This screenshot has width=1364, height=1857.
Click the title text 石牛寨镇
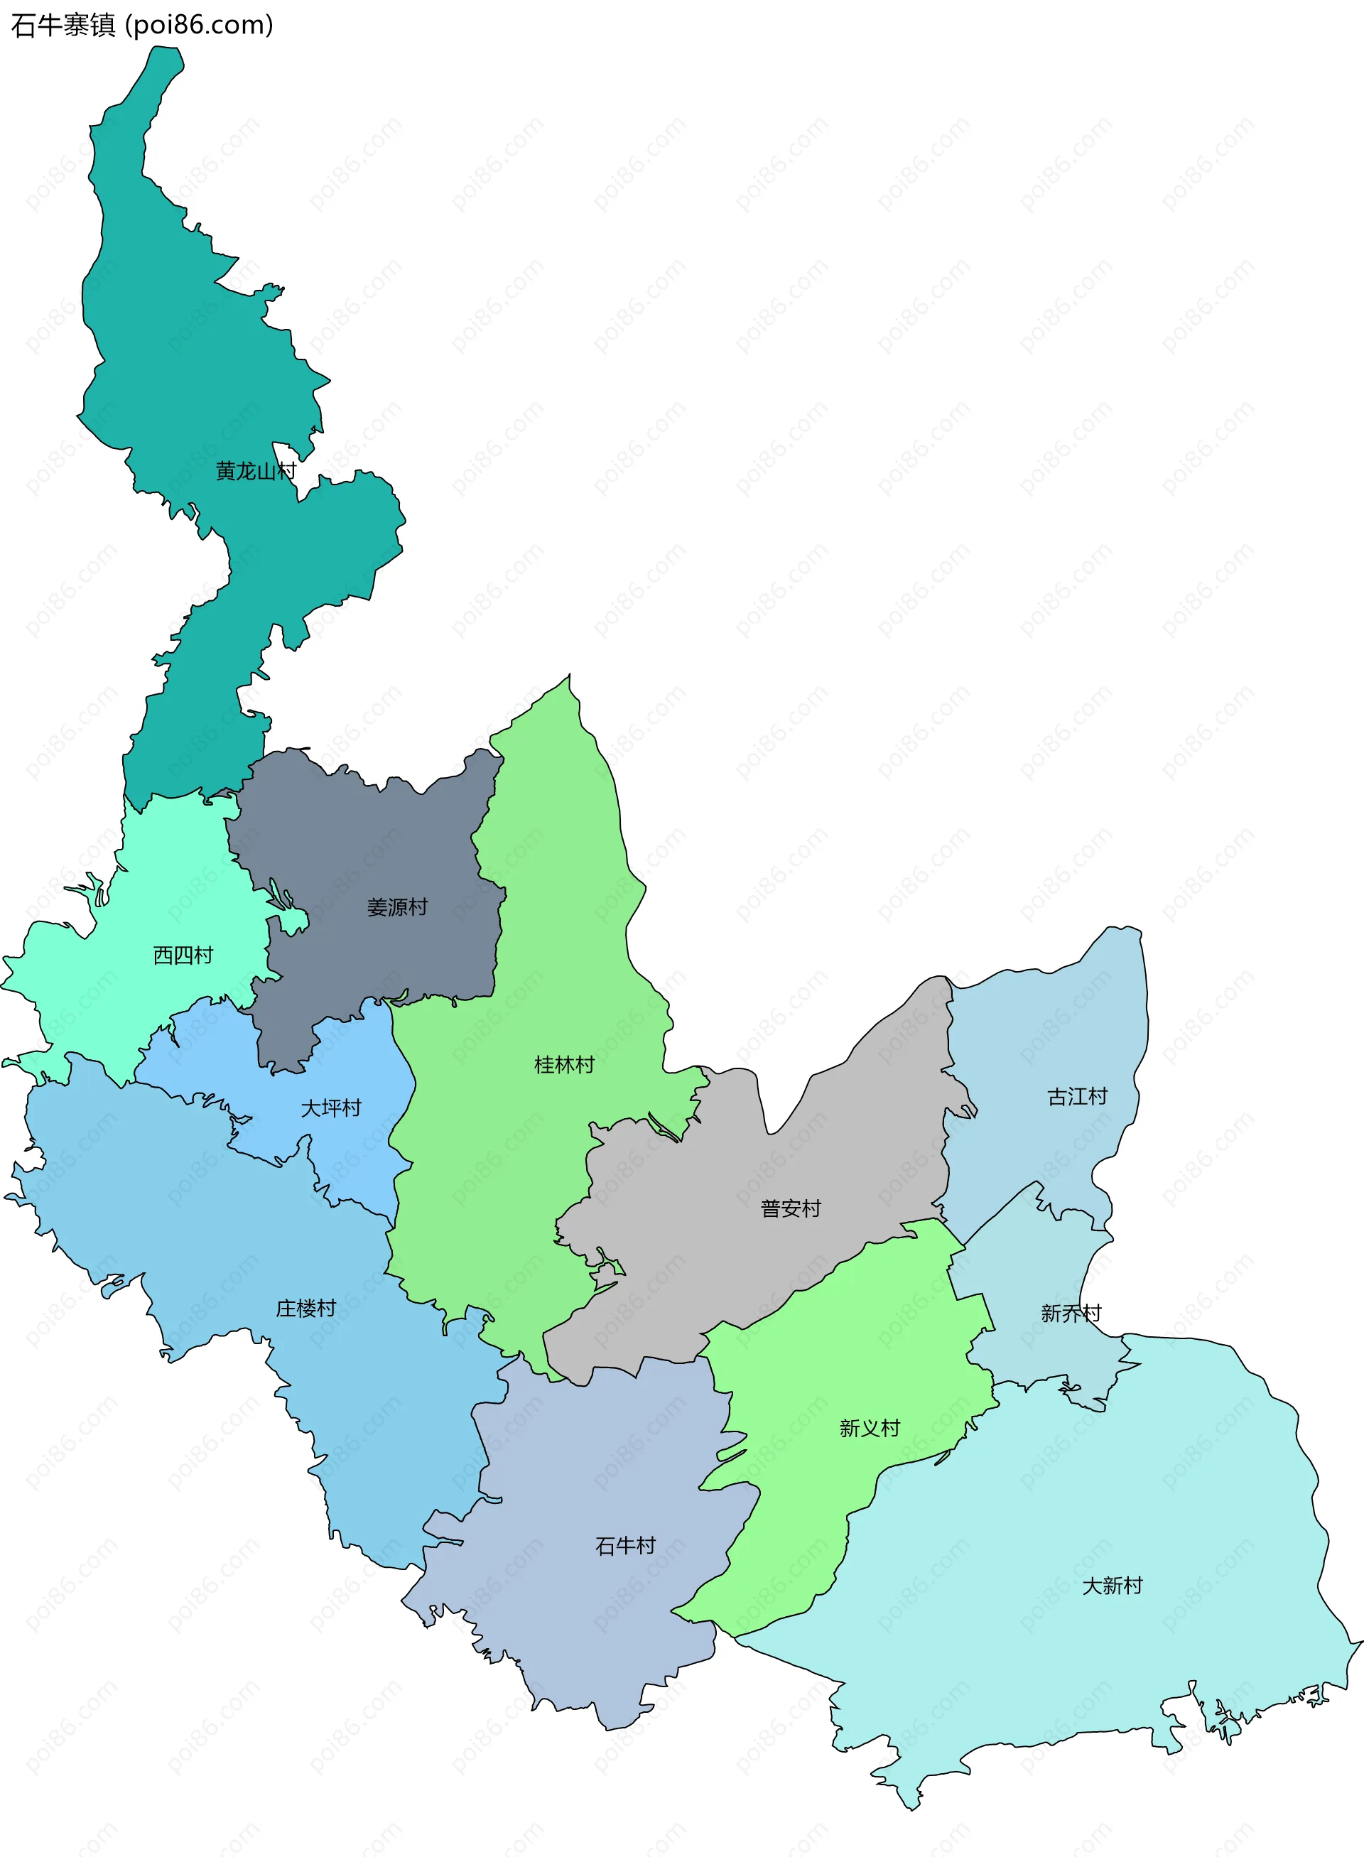point(63,26)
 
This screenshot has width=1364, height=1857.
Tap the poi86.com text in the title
point(200,26)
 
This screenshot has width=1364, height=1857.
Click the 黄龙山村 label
point(255,472)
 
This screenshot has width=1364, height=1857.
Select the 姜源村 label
point(397,907)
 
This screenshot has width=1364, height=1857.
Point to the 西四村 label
point(183,955)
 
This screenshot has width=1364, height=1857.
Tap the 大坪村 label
point(331,1108)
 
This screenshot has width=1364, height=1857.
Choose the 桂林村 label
point(565,1065)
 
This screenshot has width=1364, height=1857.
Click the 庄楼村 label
point(306,1308)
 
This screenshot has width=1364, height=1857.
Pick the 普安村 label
point(791,1209)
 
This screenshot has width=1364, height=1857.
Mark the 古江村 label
point(1078,1097)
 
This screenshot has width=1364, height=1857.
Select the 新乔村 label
point(1071,1314)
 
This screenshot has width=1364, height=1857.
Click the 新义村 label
point(870,1429)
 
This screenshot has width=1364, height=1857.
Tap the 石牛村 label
point(626,1546)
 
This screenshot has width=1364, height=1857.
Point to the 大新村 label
point(1113,1586)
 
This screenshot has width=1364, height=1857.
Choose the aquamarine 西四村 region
point(165,892)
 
